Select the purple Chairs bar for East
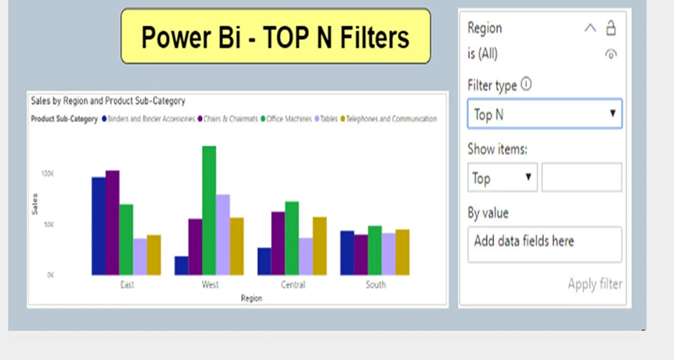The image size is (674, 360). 113,222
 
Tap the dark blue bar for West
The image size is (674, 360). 181,265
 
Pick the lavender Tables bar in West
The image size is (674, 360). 223,234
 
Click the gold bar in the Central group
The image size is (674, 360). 319,246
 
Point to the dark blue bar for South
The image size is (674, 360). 347,253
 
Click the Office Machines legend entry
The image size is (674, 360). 288,119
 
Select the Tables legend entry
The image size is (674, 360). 327,119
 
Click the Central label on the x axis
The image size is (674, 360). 293,285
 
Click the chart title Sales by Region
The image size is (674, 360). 107,101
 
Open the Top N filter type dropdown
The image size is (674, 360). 544,114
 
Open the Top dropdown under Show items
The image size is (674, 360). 503,178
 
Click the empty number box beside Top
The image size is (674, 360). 582,178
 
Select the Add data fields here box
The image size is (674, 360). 544,244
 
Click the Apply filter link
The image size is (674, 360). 595,284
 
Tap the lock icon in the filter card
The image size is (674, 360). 611,28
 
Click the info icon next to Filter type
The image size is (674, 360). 526,85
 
